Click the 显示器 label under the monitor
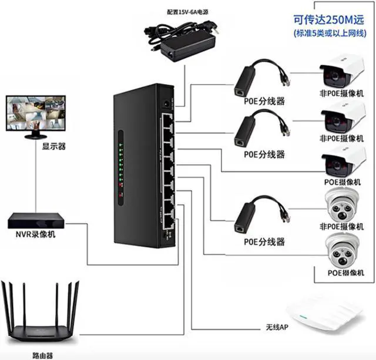pyautogui.click(x=37, y=147)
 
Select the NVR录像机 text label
pyautogui.click(x=37, y=235)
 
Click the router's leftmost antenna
pyautogui.click(x=6, y=305)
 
